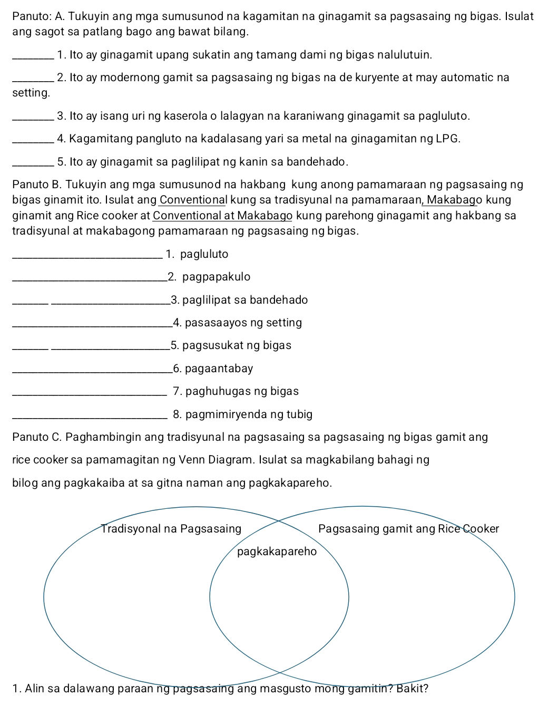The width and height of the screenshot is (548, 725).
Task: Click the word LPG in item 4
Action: pos(447,139)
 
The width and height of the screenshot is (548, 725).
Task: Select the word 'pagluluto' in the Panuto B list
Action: pos(204,254)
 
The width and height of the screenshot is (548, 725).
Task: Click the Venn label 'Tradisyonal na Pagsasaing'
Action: pos(171,529)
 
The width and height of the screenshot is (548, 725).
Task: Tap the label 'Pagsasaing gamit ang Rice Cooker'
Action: pos(408,529)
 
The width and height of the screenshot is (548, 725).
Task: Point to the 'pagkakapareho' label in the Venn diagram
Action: pos(277,552)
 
